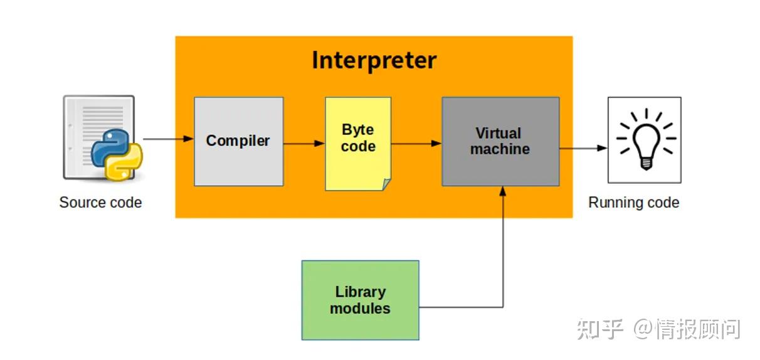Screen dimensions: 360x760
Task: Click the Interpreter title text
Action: tap(374, 61)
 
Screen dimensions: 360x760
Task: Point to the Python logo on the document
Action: tap(117, 153)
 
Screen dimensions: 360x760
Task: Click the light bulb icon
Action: tap(644, 139)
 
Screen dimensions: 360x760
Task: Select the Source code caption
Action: tap(100, 203)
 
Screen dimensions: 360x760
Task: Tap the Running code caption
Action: tap(633, 203)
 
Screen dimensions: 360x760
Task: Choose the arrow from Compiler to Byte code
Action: tap(303, 144)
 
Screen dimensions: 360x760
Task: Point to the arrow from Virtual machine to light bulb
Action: tap(583, 149)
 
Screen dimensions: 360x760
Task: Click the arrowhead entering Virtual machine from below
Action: tap(503, 191)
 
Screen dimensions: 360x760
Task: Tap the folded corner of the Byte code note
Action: tap(386, 184)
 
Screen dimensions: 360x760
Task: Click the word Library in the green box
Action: tap(360, 292)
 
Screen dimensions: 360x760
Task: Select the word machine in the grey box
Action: tap(500, 150)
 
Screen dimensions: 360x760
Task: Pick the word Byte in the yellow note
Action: tap(358, 130)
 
